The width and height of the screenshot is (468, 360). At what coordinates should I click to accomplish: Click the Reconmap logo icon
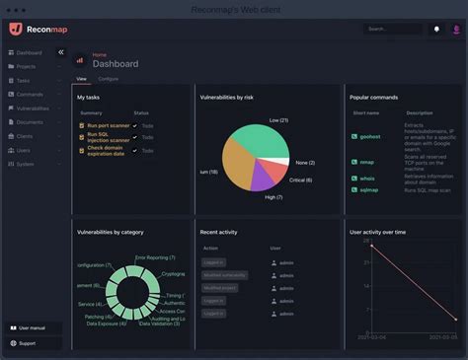[16, 29]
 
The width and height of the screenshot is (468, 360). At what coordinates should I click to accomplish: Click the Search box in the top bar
[392, 29]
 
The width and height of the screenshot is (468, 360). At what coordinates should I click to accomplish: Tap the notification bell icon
[436, 29]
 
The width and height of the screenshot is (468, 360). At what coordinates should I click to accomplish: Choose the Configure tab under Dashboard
[109, 78]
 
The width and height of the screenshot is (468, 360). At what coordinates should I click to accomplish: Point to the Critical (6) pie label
[301, 180]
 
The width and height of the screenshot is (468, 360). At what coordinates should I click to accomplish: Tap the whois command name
[368, 177]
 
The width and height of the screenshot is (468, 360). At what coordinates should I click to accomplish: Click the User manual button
[33, 326]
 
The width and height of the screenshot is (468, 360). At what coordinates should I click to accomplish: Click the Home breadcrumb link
[99, 55]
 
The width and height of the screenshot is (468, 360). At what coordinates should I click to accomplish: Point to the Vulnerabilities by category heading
[110, 232]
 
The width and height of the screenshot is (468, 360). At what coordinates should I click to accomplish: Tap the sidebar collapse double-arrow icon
[60, 51]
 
